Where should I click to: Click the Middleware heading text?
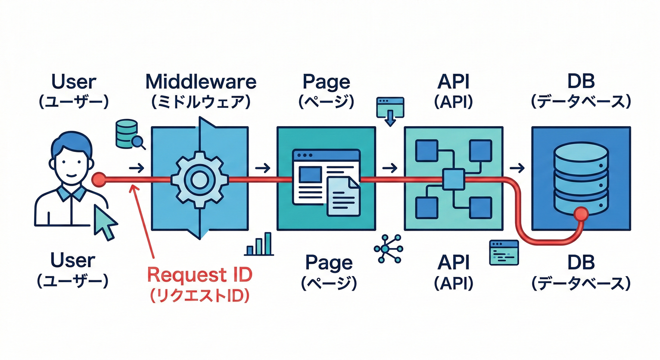tap(201, 82)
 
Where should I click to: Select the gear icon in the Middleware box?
tap(200, 179)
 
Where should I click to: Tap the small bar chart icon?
tap(259, 244)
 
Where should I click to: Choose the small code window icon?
tap(503, 253)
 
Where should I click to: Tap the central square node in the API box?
tap(453, 179)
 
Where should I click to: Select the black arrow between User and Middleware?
tap(136, 168)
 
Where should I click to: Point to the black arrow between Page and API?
tap(390, 168)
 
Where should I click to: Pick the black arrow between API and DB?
tap(517, 168)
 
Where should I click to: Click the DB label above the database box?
tap(581, 82)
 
